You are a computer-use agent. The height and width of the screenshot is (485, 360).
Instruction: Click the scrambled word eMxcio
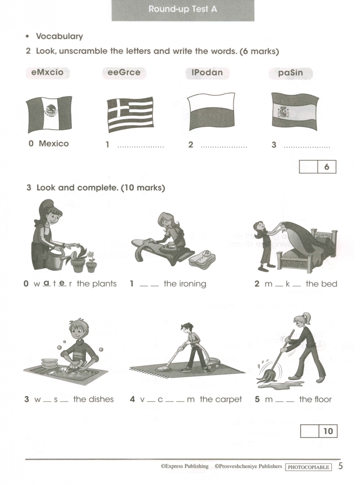(x=47, y=73)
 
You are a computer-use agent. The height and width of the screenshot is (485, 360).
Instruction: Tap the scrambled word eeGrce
(x=124, y=73)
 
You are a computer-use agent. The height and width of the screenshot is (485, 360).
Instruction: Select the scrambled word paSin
(x=290, y=73)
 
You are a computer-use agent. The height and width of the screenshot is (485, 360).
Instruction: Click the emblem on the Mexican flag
(x=51, y=110)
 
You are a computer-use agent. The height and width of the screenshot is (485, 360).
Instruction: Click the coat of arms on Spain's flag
(x=283, y=112)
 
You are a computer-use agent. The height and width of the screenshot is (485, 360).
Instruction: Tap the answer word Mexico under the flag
(x=53, y=144)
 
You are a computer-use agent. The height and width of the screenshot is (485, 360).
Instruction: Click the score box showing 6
(x=318, y=167)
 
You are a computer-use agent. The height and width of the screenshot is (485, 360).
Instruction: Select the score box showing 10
(x=319, y=431)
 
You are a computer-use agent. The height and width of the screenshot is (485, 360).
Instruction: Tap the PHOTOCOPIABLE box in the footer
(x=308, y=467)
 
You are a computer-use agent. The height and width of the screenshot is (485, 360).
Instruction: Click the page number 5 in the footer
(x=341, y=466)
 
